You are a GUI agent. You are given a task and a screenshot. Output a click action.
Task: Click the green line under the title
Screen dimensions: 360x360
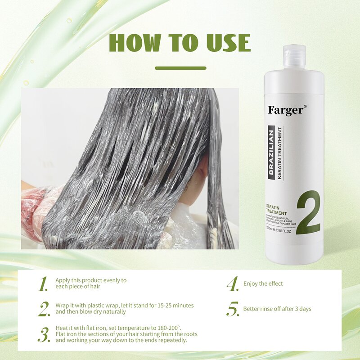pyautogui.click(x=180, y=68)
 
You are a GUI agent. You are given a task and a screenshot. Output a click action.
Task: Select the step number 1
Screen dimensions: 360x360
pyautogui.click(x=43, y=284)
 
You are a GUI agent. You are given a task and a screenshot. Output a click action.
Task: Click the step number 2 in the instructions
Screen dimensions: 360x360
pyautogui.click(x=44, y=309)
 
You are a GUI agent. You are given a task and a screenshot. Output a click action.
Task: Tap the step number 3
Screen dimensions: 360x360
pyautogui.click(x=44, y=335)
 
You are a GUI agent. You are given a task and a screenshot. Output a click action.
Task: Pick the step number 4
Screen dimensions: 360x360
pyautogui.click(x=232, y=284)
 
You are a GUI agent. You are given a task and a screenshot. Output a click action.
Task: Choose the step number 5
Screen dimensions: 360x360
pyautogui.click(x=232, y=309)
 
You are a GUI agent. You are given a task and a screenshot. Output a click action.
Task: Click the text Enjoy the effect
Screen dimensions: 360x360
pyautogui.click(x=263, y=284)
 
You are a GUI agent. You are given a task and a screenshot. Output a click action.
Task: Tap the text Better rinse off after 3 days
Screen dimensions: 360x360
pyautogui.click(x=277, y=309)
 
